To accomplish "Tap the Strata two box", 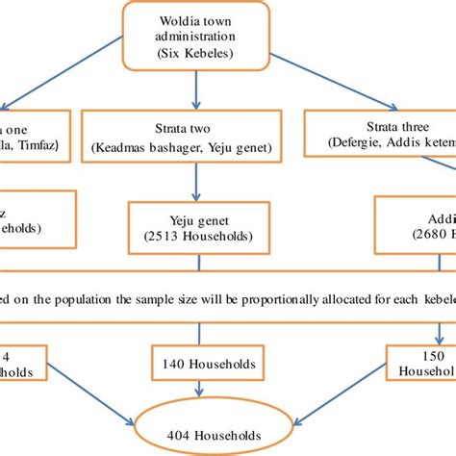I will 180,134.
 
